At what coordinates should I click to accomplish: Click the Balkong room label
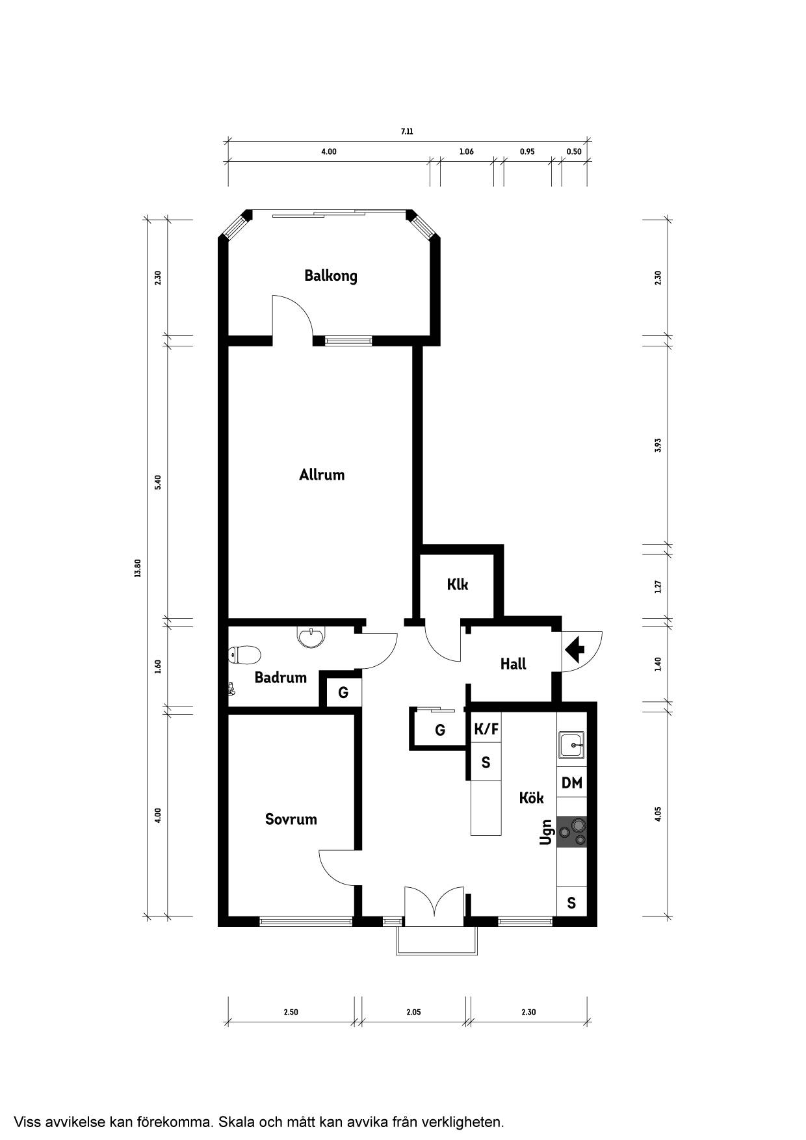[331, 276]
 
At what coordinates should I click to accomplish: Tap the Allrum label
[322, 474]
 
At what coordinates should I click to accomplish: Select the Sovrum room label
[291, 819]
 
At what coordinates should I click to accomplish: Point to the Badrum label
[280, 678]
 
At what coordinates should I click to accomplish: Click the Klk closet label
[458, 584]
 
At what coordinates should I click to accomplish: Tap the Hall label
[513, 664]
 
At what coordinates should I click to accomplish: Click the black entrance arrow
[575, 648]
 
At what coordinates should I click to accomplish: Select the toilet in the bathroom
[244, 654]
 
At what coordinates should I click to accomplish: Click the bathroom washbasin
[312, 636]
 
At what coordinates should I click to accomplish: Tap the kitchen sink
[572, 744]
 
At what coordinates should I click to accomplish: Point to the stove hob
[572, 832]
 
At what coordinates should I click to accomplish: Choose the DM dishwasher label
[572, 783]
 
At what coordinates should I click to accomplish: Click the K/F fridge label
[486, 729]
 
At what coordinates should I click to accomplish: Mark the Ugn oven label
[546, 832]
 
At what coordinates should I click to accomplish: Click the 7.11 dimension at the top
[407, 131]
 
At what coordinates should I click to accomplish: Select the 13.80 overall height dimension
[137, 569]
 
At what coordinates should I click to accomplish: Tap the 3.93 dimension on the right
[658, 445]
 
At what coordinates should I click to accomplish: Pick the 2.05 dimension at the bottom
[413, 1012]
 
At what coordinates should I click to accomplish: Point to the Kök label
[531, 797]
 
